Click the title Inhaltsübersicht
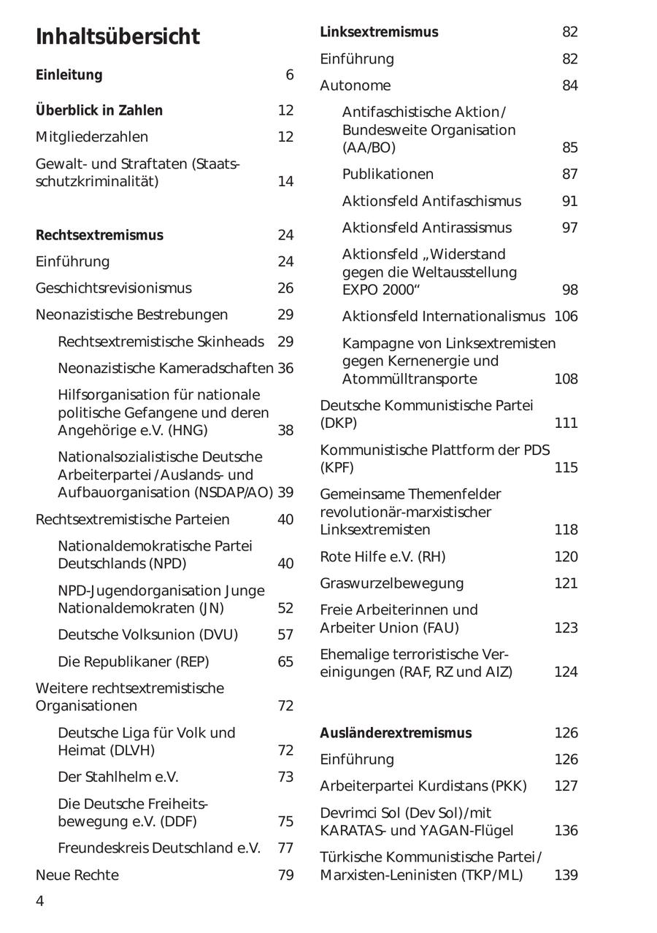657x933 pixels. coord(118,37)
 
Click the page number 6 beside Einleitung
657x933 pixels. coord(289,75)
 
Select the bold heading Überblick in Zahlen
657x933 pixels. coord(99,110)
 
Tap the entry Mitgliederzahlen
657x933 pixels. coord(92,137)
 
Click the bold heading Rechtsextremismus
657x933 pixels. coord(99,235)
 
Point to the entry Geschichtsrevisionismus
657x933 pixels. coord(113,288)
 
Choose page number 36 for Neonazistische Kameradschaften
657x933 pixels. coord(285,369)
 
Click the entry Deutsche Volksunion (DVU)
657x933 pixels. coord(147,635)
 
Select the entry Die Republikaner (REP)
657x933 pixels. coord(133,662)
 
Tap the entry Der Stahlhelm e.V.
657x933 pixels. coord(118,777)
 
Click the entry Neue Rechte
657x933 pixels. coord(77,875)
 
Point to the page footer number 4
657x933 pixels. coord(40,902)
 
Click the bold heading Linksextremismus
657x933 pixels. coord(379,32)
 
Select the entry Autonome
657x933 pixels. coord(356,86)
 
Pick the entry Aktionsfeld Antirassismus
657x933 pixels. coord(426,228)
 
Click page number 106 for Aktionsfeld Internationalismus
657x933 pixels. coord(566,316)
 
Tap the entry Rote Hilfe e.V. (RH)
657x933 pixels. coord(383,557)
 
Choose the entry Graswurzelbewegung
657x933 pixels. coord(391,583)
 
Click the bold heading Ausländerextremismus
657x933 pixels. coord(396,733)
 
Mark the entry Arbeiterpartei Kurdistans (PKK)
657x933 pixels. coord(423,786)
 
